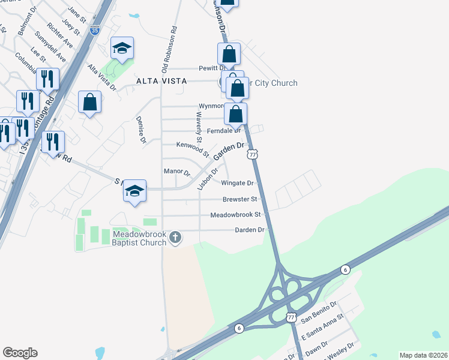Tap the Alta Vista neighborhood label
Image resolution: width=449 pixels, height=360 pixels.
[161, 81]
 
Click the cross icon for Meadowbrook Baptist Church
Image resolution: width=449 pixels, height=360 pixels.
[175, 238]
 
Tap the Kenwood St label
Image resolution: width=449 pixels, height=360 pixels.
[192, 145]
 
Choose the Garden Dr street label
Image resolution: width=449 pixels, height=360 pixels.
[231, 151]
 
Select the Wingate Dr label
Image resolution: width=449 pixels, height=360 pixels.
[238, 183]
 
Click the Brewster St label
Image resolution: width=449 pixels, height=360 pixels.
[240, 199]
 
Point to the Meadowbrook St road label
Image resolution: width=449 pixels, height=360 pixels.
[235, 214]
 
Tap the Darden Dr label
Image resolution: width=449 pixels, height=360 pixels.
[250, 230]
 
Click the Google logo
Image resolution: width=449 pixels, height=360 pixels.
[20, 353]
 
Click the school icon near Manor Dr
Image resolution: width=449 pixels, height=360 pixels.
[135, 191]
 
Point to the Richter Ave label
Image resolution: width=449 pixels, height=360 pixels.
[59, 36]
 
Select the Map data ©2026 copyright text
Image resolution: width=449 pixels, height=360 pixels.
[423, 355]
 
